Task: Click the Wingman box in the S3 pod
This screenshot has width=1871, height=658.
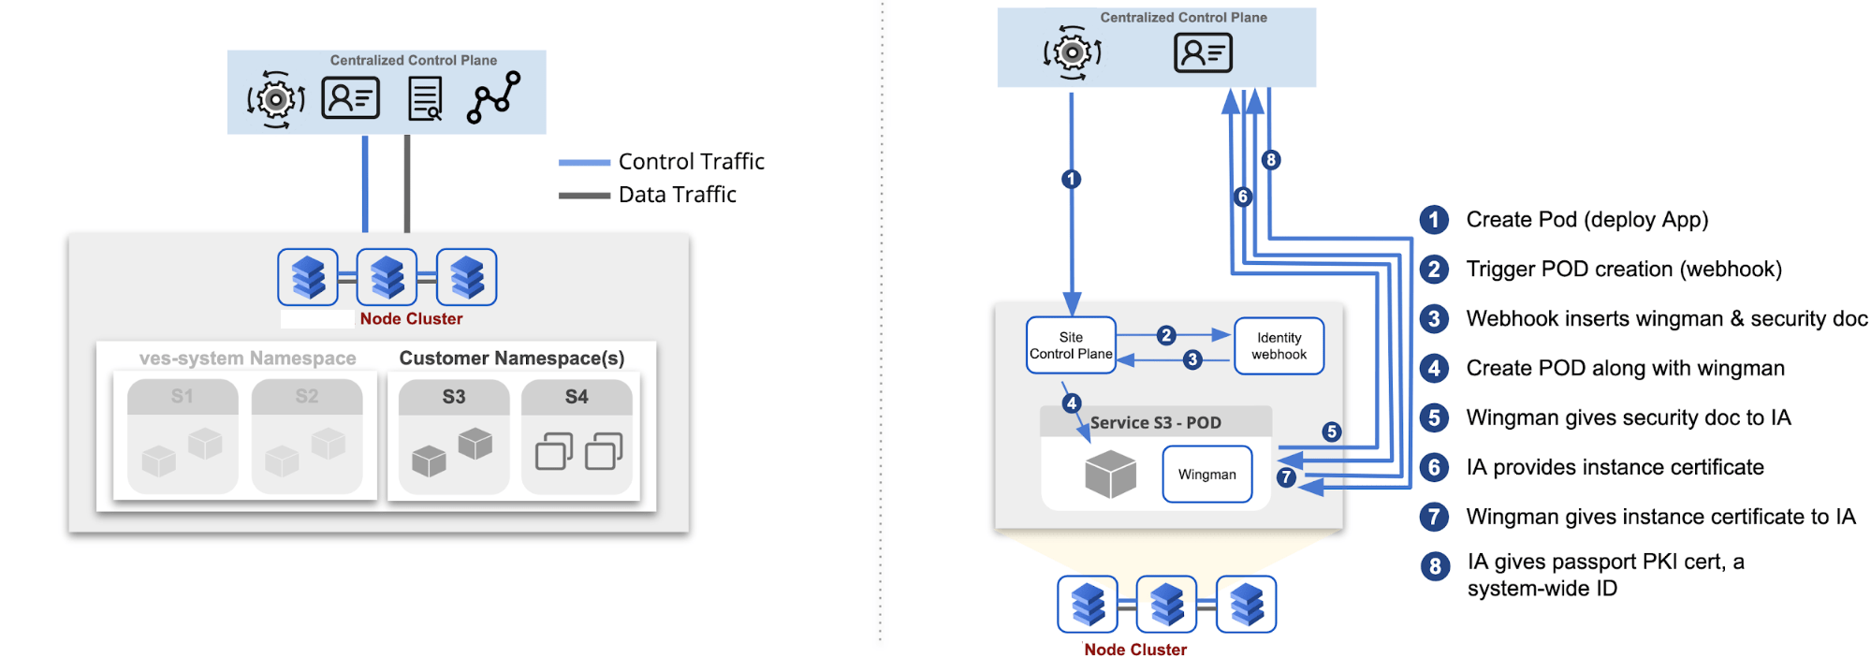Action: click(1206, 475)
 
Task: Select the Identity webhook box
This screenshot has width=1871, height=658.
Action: click(1279, 345)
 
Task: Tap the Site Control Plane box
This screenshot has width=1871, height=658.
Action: click(1071, 345)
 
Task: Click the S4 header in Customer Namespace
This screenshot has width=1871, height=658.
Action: click(577, 397)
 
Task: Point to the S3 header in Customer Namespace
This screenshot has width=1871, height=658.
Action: click(454, 397)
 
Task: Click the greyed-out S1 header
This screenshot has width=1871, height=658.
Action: click(183, 397)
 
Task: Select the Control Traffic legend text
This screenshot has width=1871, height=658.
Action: click(691, 162)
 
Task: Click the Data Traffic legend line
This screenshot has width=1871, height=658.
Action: click(584, 196)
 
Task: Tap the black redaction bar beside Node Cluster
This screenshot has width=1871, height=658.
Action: click(317, 319)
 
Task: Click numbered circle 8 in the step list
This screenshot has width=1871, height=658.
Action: click(1435, 566)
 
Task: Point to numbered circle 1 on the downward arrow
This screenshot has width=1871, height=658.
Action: click(1072, 179)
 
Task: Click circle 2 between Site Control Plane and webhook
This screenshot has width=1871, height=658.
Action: click(1165, 335)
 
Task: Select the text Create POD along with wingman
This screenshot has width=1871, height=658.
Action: click(1625, 368)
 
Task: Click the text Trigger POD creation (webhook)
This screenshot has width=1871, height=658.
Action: click(1624, 270)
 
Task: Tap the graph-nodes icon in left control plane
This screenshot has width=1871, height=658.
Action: click(493, 97)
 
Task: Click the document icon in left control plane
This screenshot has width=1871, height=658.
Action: click(426, 98)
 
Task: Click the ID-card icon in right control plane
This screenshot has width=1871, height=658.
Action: click(1203, 52)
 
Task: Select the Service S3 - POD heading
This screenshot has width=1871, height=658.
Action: click(1155, 423)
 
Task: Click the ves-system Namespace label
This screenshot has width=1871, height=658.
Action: click(247, 358)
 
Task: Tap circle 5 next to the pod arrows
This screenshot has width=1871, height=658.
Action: click(1331, 431)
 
